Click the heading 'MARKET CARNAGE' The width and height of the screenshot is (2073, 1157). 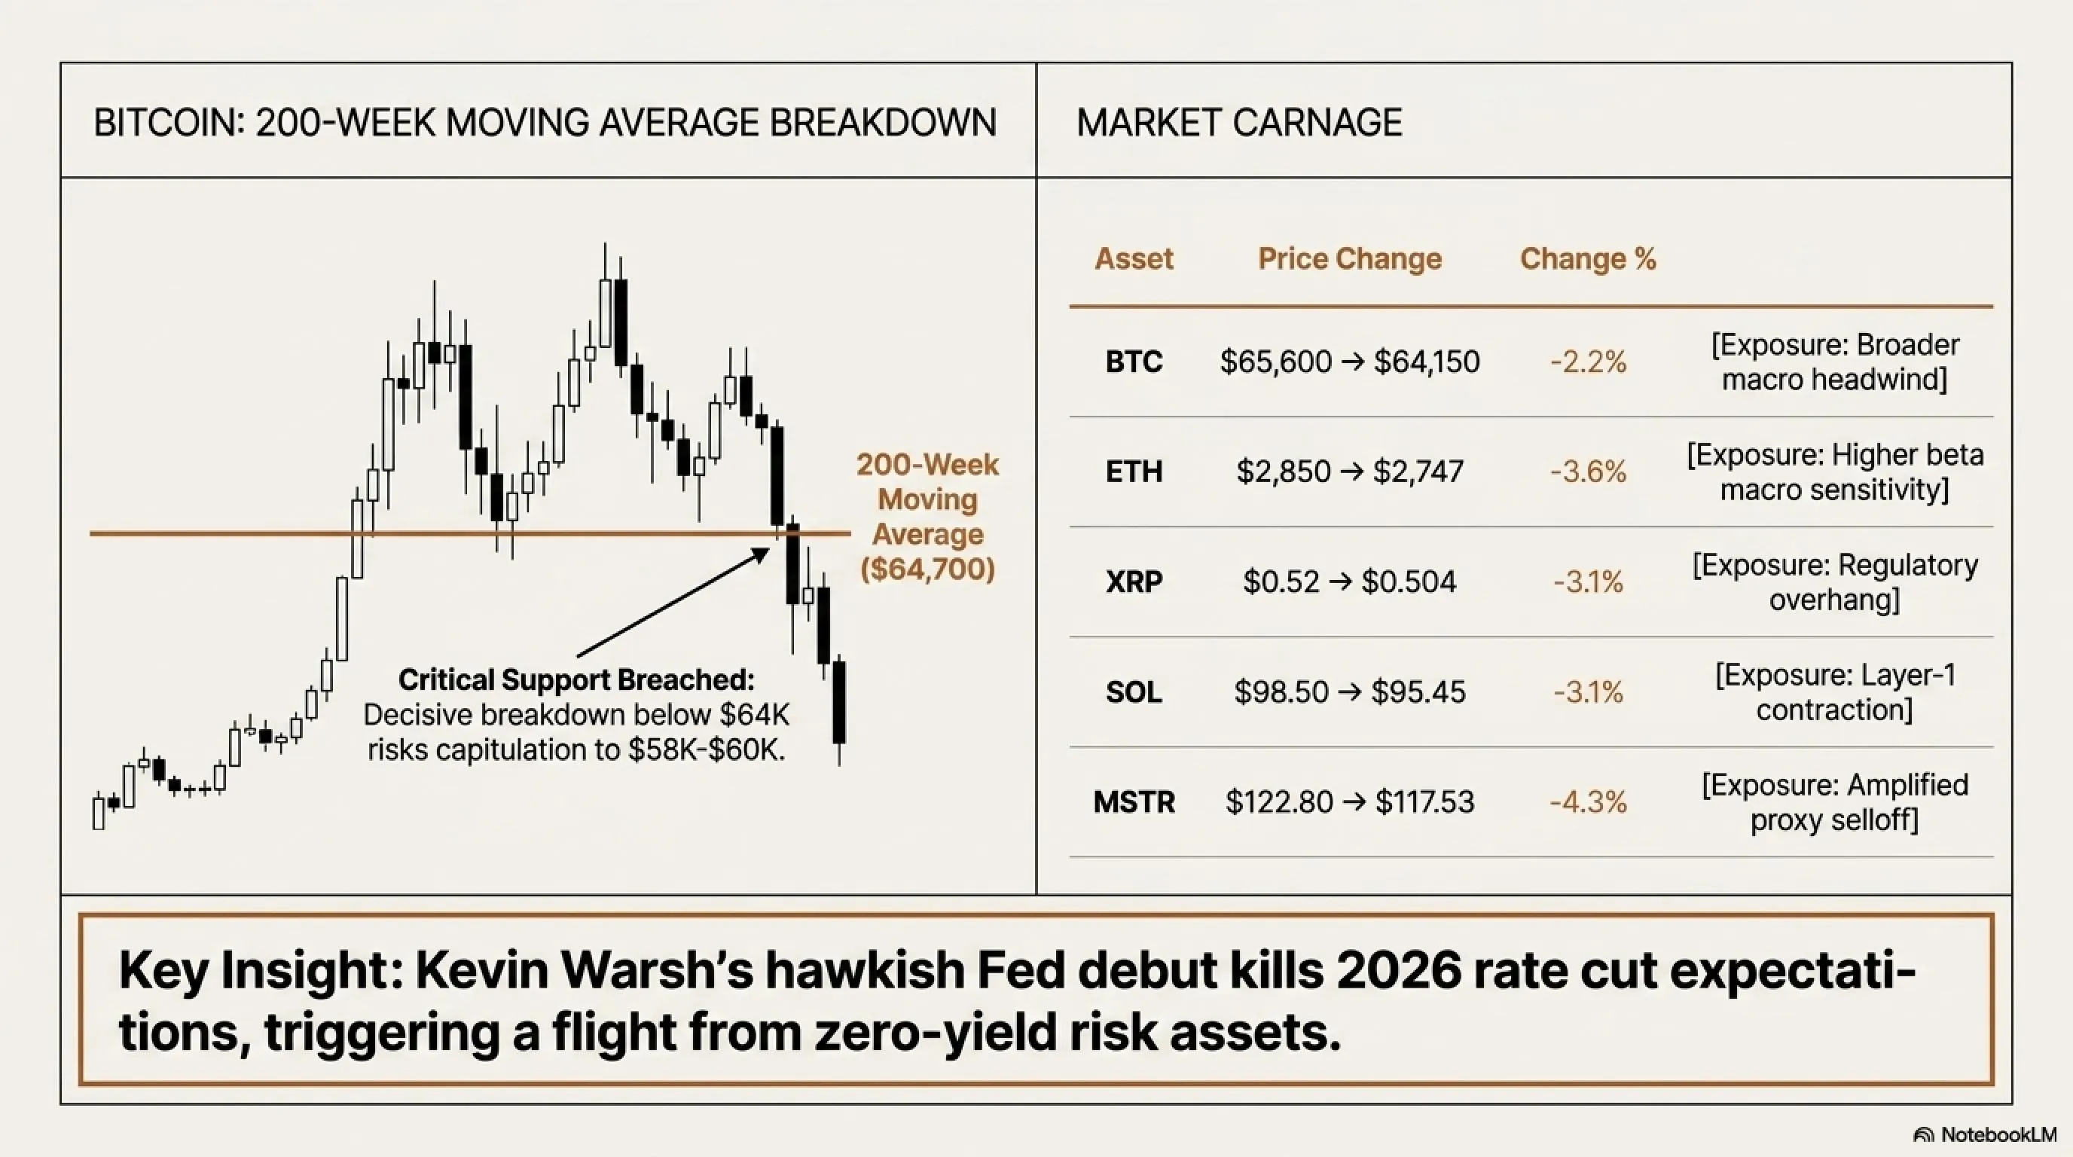tap(1239, 123)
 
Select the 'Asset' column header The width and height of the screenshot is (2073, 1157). tap(1134, 258)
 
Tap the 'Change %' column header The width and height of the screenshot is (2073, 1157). tap(1588, 258)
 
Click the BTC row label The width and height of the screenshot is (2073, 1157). tap(1134, 362)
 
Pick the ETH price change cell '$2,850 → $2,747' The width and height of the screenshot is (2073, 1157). tap(1350, 472)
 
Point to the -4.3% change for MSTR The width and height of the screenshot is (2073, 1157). tap(1588, 802)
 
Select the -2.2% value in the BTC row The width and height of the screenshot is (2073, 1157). tap(1588, 362)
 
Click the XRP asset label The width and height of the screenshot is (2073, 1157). tap(1134, 582)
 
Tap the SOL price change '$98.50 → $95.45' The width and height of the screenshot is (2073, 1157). tap(1350, 692)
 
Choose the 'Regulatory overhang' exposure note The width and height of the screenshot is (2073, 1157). tap(1835, 582)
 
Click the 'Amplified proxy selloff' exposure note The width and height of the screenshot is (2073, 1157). tap(1835, 802)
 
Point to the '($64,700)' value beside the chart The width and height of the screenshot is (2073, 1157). tap(928, 569)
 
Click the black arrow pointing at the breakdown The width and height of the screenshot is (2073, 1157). tap(673, 603)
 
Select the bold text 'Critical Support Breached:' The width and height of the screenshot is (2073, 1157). tap(576, 680)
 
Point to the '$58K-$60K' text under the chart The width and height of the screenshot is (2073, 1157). tap(706, 750)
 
